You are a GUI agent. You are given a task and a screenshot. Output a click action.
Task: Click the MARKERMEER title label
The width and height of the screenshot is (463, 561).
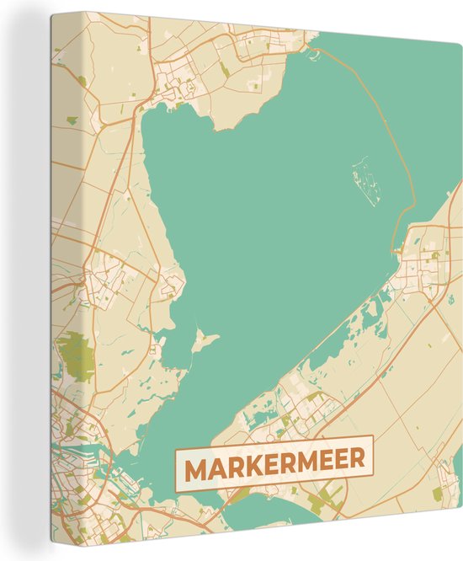(x=274, y=461)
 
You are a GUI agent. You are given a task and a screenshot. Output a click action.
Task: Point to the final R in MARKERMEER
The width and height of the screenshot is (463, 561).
(x=357, y=461)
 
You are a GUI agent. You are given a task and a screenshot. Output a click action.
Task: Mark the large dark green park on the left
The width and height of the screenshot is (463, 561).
(x=78, y=354)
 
